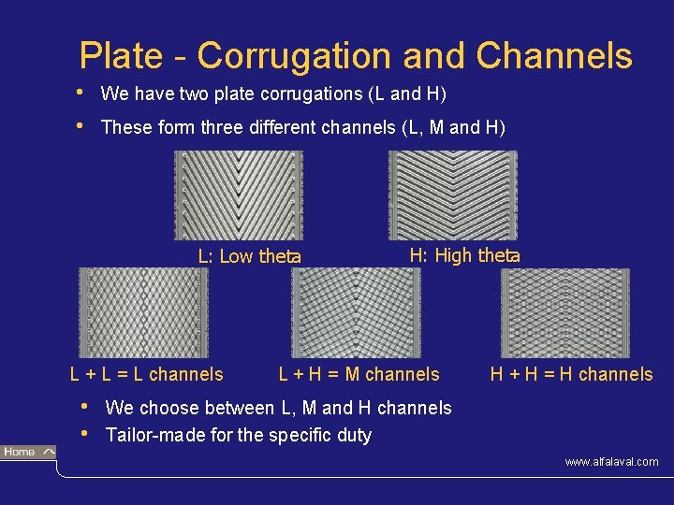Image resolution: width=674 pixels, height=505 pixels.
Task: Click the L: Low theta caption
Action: (249, 256)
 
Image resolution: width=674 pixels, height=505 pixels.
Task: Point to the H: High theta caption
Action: (464, 254)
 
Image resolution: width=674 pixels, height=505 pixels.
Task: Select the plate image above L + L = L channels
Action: (143, 311)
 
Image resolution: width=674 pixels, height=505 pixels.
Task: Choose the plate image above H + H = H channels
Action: (564, 311)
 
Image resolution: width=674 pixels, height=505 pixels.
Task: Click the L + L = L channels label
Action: (147, 375)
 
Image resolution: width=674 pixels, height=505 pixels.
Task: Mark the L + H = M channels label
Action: (359, 375)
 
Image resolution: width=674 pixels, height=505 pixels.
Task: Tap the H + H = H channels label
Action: (571, 375)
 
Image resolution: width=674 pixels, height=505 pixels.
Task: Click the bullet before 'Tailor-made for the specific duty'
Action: (86, 433)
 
